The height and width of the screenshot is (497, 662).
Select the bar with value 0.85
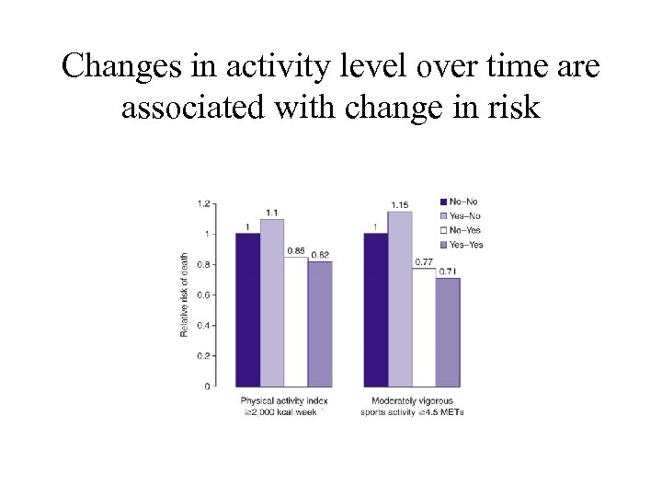point(295,321)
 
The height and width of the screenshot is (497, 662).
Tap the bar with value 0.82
point(319,323)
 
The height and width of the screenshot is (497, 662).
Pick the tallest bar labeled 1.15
point(400,298)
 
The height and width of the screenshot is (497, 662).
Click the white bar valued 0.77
point(423,327)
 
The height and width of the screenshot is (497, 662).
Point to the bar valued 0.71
point(447,331)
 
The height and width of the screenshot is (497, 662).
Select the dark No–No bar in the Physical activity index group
point(248,309)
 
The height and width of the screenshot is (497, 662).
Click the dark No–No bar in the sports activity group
point(376,309)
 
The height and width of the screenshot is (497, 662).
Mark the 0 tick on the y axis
point(207,386)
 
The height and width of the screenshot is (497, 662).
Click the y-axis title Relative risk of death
point(184,295)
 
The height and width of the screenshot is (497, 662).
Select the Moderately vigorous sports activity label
point(412,406)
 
